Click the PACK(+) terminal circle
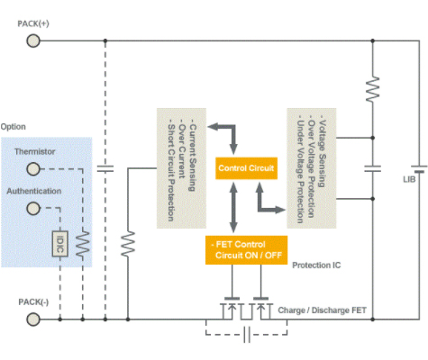tap(33, 40)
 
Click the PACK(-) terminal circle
tap(33, 319)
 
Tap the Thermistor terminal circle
tap(33, 169)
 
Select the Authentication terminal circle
tap(33, 208)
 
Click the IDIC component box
tap(60, 244)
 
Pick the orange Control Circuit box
tap(246, 168)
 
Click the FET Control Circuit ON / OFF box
tap(246, 250)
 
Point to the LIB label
tap(409, 179)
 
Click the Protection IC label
tap(316, 265)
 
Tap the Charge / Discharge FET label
tap(322, 310)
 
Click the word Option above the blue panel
tap(14, 127)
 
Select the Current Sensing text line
tap(193, 157)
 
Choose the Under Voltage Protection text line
tap(300, 172)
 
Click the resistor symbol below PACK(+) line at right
tap(372, 89)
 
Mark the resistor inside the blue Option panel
tap(83, 244)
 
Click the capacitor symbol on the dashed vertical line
tap(105, 168)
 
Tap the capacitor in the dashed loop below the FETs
tap(247, 334)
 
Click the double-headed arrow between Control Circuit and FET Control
tap(233, 207)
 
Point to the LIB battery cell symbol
tap(419, 169)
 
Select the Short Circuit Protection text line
tap(171, 173)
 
